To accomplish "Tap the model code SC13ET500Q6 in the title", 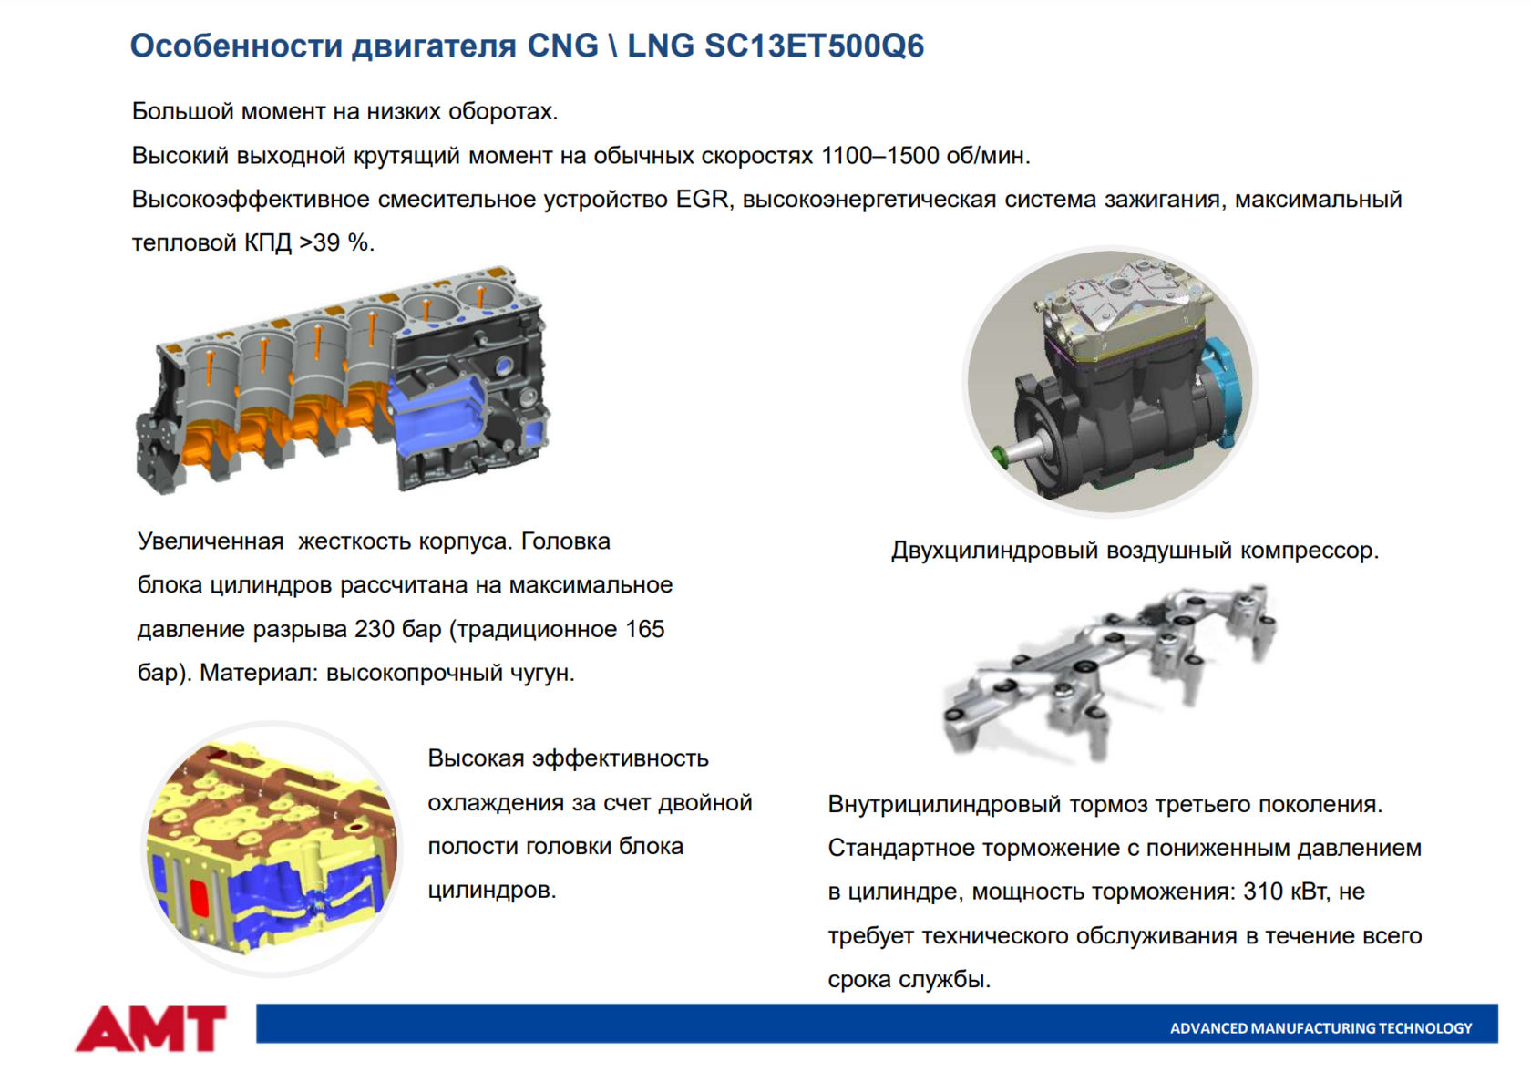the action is pyautogui.click(x=814, y=46).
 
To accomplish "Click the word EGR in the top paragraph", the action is pyautogui.click(x=702, y=199).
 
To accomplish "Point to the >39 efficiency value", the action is pyautogui.click(x=320, y=242).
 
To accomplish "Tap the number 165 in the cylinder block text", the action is pyautogui.click(x=644, y=629).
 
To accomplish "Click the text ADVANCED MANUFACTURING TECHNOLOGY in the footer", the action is pyautogui.click(x=1320, y=1028).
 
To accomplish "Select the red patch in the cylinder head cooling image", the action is pyautogui.click(x=199, y=898).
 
